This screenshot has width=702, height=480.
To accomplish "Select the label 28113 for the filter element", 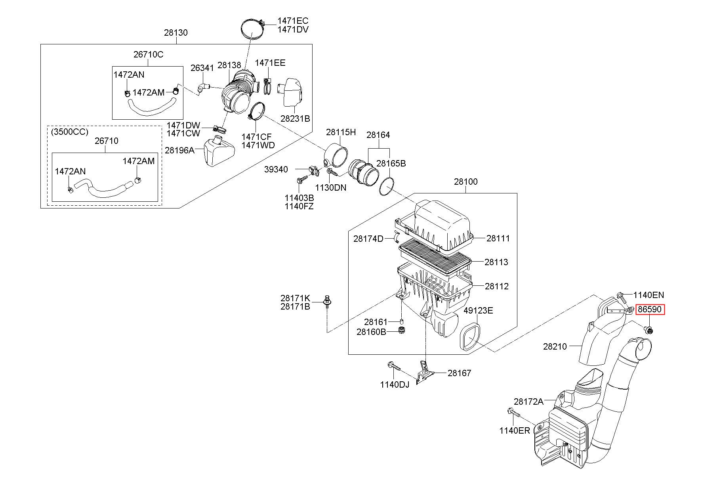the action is pos(496,262).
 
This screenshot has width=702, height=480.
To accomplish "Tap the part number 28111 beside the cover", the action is pos(498,238).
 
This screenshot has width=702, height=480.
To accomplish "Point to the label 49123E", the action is pos(478,310).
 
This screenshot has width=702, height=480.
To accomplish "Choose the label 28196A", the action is pos(179,150).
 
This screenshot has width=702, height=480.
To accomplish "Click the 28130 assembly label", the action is pos(176,33).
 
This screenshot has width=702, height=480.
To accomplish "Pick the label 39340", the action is pos(276,169).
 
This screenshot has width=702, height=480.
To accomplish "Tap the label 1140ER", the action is pos(514,430).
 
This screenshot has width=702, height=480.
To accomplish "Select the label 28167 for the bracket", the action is pos(460,373).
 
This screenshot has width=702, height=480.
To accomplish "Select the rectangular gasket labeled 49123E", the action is pos(470,336).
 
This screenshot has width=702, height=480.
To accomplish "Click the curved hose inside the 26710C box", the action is pos(151,105).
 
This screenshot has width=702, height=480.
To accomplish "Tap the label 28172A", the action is pos(528,402).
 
